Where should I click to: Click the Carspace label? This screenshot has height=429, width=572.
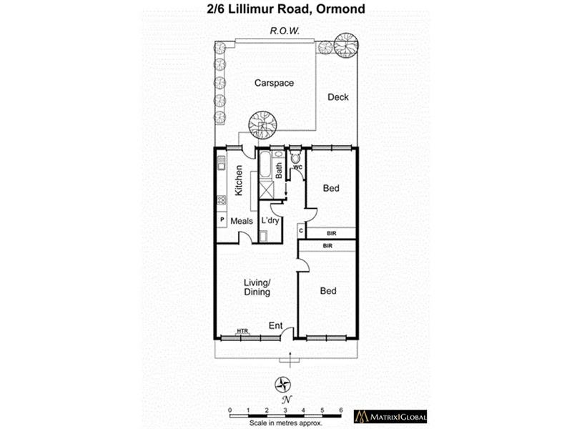point(274,83)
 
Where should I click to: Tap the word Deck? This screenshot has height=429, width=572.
point(337,97)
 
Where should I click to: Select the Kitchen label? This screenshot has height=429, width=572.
point(239,180)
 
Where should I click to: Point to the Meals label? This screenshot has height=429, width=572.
point(242,221)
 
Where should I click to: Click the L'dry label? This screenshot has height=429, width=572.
point(270,220)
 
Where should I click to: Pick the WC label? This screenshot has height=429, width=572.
point(297,167)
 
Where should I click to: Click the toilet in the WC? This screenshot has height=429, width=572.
point(295,157)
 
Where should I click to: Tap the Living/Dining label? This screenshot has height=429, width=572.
point(257,287)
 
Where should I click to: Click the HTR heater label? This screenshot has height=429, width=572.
point(242,331)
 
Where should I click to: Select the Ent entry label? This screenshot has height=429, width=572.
point(275,326)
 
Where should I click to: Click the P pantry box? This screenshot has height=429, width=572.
point(222,220)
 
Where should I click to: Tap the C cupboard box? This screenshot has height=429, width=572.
point(301,231)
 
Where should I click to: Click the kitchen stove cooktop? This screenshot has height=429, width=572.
point(222,200)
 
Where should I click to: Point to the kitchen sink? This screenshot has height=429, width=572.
point(221,163)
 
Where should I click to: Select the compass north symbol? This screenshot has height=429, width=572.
point(282,385)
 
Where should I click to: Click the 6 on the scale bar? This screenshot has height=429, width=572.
point(341,410)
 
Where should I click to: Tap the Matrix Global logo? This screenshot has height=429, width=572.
point(390,417)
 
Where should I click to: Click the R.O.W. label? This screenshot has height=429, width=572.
point(285,31)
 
